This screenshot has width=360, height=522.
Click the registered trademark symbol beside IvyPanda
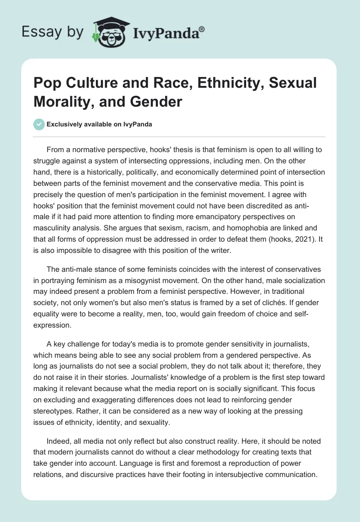point(202,29)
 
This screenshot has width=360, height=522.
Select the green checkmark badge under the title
point(39,124)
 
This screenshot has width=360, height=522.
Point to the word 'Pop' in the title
point(48,83)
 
